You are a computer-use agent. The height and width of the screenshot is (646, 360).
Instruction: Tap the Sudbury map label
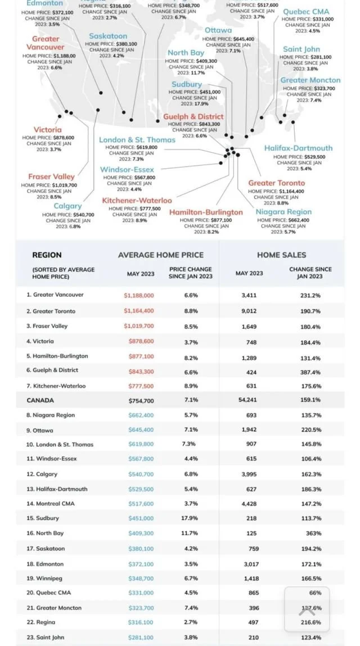click(x=187, y=84)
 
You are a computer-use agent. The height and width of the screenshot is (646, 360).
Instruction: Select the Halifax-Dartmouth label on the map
click(x=298, y=148)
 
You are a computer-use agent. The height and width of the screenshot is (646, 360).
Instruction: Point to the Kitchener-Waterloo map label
click(x=137, y=200)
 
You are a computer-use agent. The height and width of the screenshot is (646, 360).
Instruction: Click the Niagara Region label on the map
click(x=283, y=212)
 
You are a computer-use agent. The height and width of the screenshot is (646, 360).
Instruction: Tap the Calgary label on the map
click(x=67, y=206)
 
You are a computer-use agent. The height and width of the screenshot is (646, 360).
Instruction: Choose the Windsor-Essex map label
click(x=127, y=169)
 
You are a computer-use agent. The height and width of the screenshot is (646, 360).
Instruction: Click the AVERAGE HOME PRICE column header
click(x=161, y=255)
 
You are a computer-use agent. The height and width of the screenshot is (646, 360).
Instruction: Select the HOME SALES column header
click(x=281, y=255)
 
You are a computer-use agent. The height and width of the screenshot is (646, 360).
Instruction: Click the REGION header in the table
click(x=47, y=255)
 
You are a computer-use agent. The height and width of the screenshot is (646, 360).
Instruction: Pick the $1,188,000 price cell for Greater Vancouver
click(x=139, y=295)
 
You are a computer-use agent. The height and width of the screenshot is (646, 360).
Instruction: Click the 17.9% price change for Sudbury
click(x=191, y=518)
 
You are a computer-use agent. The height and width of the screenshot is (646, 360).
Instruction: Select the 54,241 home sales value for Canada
click(x=249, y=400)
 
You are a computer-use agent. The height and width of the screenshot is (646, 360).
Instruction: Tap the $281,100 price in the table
click(x=139, y=637)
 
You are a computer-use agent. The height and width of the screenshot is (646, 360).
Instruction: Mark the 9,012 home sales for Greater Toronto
click(x=249, y=311)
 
